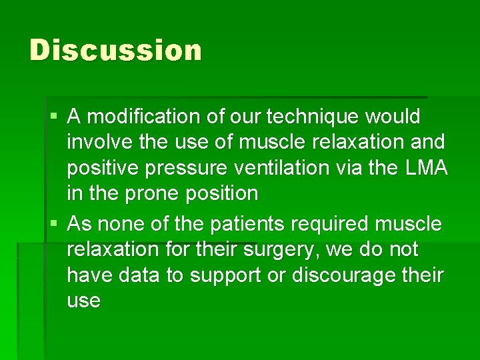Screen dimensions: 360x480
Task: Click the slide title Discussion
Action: click(x=115, y=51)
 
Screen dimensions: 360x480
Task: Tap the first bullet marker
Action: click(x=54, y=117)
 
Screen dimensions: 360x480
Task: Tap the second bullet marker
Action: click(x=54, y=224)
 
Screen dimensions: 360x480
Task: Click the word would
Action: click(x=394, y=117)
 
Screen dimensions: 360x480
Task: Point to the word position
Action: click(x=219, y=194)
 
